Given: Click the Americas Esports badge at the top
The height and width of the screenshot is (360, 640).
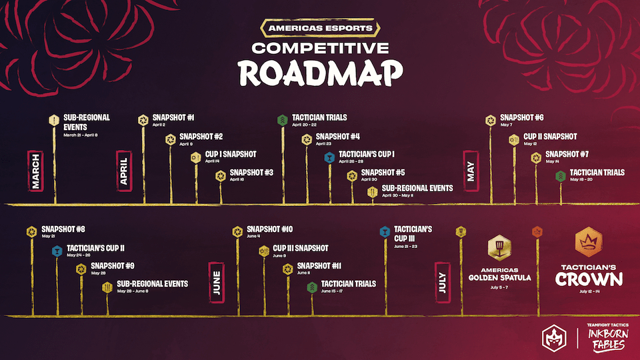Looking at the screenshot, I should (319, 29).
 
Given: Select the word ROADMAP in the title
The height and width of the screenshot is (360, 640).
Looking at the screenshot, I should (320, 73).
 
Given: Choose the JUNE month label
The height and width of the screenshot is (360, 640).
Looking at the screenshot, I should (217, 283).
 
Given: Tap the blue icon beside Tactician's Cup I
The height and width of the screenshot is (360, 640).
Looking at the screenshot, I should (329, 158).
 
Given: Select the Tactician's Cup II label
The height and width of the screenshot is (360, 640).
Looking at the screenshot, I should (96, 248).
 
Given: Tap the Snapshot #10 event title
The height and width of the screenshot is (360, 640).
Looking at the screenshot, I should (270, 229).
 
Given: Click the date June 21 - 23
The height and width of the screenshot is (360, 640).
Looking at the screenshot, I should (406, 247).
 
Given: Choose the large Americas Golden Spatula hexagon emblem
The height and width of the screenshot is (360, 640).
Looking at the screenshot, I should (499, 249).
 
